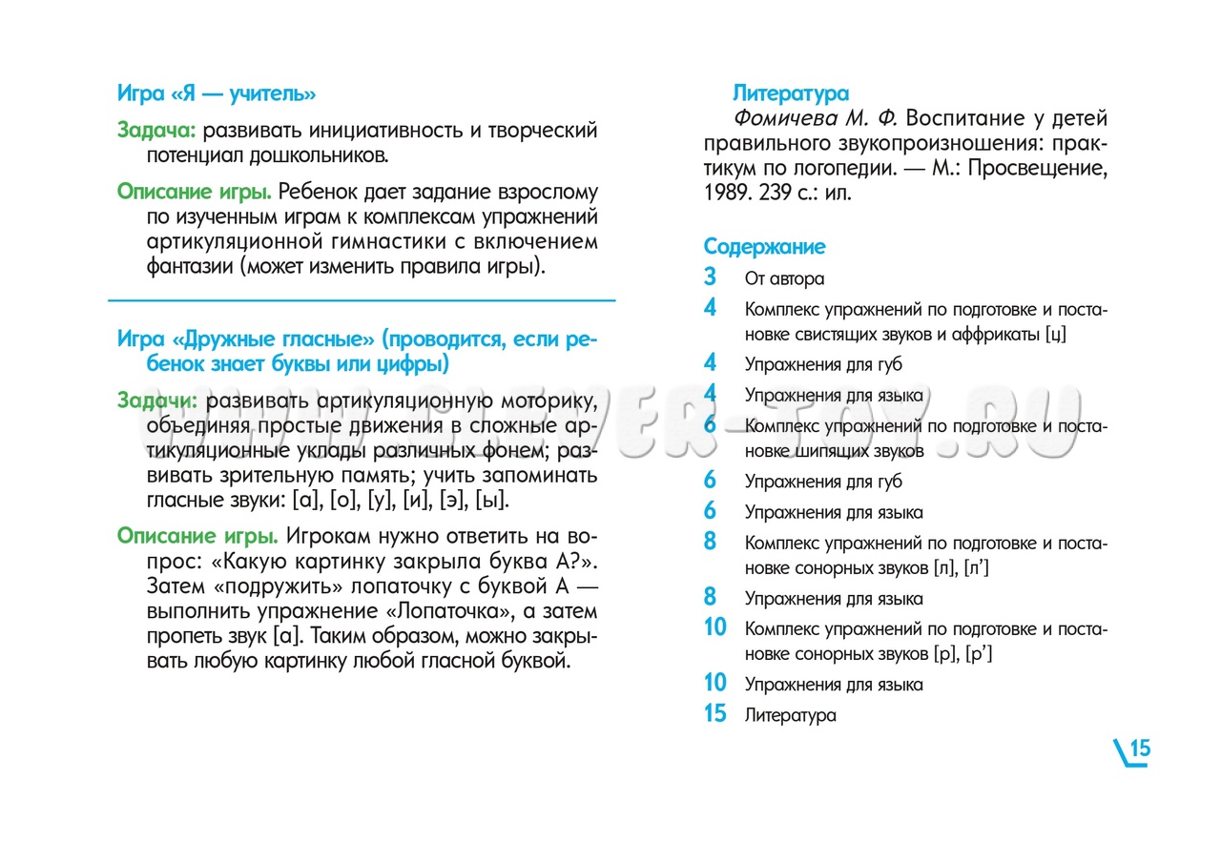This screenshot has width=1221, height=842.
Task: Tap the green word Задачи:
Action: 157,400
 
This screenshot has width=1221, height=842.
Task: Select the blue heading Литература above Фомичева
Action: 790,93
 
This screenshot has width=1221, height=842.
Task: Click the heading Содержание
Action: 764,247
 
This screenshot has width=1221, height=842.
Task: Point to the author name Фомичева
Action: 786,119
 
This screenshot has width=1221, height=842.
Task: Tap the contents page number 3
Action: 710,277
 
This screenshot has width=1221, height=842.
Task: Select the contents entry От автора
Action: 784,279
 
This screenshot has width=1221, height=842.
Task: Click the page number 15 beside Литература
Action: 714,713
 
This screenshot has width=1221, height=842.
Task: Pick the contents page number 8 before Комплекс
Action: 710,542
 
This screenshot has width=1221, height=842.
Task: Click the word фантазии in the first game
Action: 189,267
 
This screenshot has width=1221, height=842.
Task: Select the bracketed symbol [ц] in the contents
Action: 1055,335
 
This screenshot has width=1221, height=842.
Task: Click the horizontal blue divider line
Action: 362,300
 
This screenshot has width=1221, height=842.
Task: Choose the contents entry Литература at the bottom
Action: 790,715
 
